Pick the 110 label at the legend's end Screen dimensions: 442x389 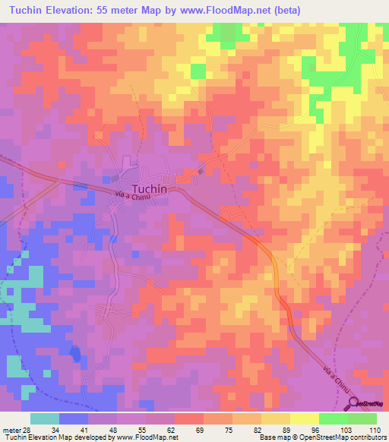pos(375,431)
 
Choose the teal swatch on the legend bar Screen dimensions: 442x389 pos(45,418)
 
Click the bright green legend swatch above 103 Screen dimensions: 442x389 pos(333,418)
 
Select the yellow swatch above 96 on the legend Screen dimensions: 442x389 pos(304,418)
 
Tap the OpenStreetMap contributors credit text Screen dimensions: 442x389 pos(347,437)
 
